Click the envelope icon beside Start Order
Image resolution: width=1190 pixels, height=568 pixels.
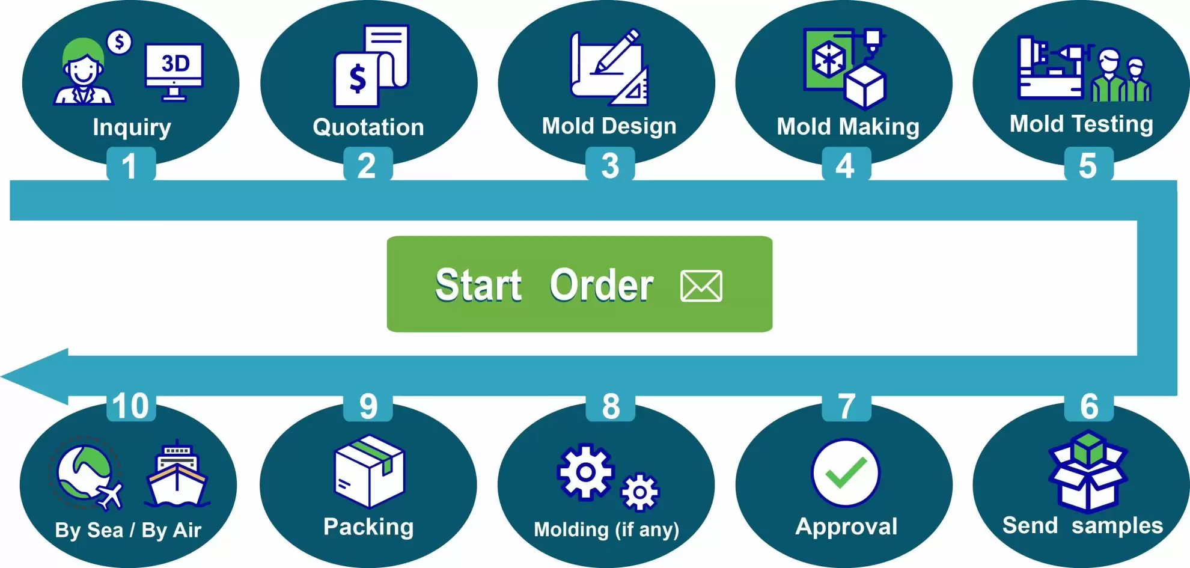coord(701,286)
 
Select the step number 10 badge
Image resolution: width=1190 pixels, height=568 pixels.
coord(131,406)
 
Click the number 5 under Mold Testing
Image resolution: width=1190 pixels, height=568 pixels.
coord(1088,165)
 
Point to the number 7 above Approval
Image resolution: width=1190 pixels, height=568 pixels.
coord(846,406)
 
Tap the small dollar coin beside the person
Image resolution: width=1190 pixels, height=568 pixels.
coord(120,42)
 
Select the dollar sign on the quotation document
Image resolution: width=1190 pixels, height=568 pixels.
coord(358,79)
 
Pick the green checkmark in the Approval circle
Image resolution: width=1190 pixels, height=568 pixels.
coord(846,472)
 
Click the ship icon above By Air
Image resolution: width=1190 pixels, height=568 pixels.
coord(177,474)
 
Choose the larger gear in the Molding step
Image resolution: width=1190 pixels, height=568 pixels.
coord(585,472)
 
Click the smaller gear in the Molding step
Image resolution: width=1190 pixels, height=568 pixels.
coord(640,493)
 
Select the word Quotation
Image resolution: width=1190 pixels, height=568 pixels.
coord(368,127)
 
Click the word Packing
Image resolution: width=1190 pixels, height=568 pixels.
coord(368,527)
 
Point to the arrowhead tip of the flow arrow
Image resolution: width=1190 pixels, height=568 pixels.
coord(2,377)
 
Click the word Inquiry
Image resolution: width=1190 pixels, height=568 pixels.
coord(132,127)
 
